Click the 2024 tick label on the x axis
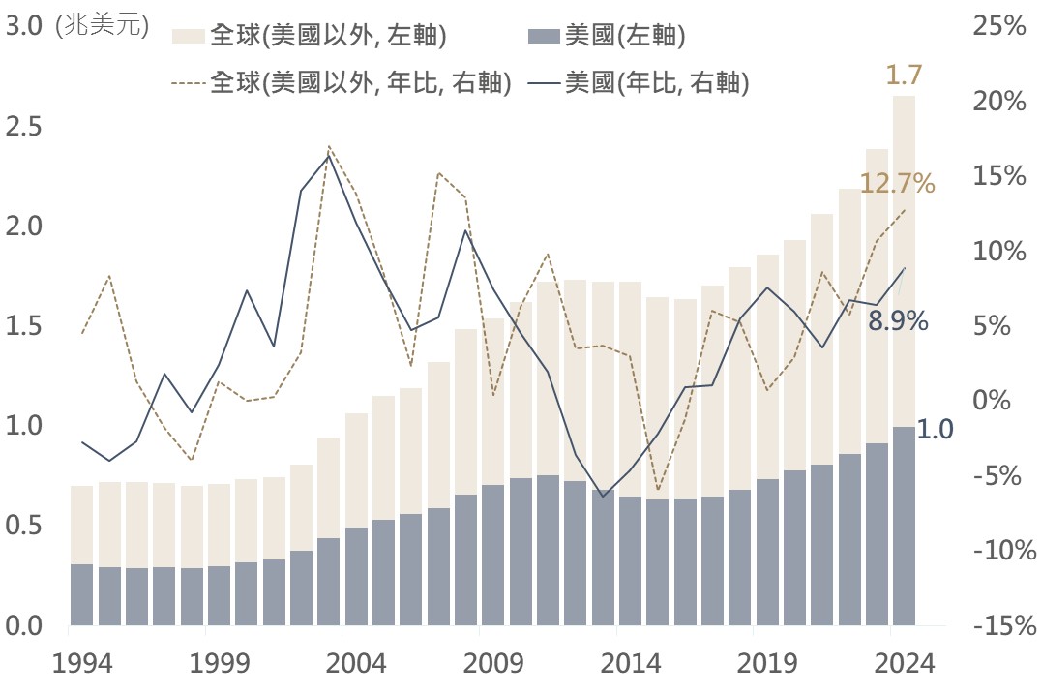coord(904,666)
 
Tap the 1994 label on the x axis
coord(81,666)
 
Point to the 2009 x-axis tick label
coord(492,666)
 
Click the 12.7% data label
coord(897,183)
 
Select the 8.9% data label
coord(898,321)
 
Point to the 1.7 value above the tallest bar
coord(904,74)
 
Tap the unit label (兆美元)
coord(103,27)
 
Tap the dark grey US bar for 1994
coord(81,594)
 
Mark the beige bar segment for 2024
coord(904,261)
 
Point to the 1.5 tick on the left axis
coord(26,326)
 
